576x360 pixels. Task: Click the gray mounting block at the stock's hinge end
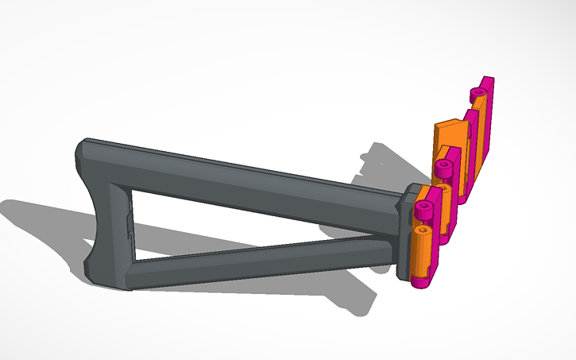(405, 230)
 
